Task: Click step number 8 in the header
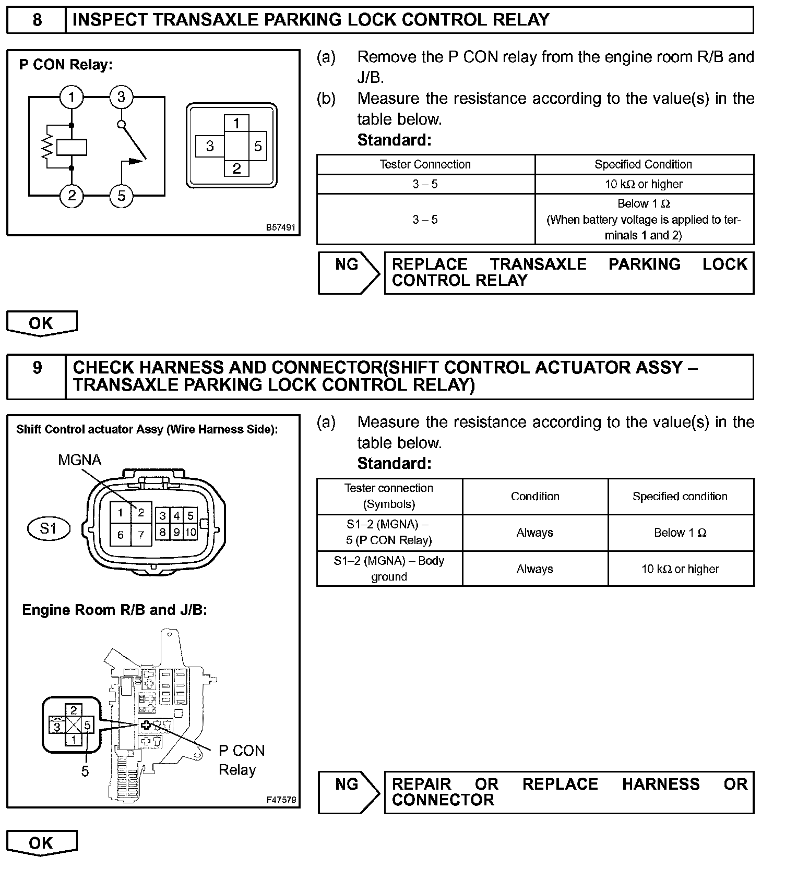click(x=37, y=20)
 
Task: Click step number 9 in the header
click(x=37, y=368)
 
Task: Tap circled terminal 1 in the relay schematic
click(x=72, y=97)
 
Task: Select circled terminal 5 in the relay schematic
click(x=121, y=196)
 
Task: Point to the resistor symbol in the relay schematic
click(x=47, y=147)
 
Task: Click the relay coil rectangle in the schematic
click(x=72, y=147)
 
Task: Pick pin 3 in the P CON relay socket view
click(x=210, y=146)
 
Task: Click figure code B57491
click(x=281, y=227)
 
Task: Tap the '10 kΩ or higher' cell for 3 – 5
click(x=644, y=184)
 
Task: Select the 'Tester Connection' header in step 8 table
click(x=425, y=164)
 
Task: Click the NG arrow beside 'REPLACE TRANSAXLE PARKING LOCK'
click(x=349, y=273)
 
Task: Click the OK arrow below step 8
click(x=41, y=323)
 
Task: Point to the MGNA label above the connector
click(x=79, y=460)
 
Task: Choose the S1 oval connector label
click(x=48, y=528)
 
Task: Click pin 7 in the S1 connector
click(x=141, y=535)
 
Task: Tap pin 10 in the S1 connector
click(x=191, y=532)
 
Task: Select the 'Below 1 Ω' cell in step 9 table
click(x=680, y=533)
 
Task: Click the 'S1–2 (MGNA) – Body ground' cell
click(x=389, y=569)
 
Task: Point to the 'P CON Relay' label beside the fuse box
click(x=241, y=760)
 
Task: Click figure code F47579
click(x=281, y=800)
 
